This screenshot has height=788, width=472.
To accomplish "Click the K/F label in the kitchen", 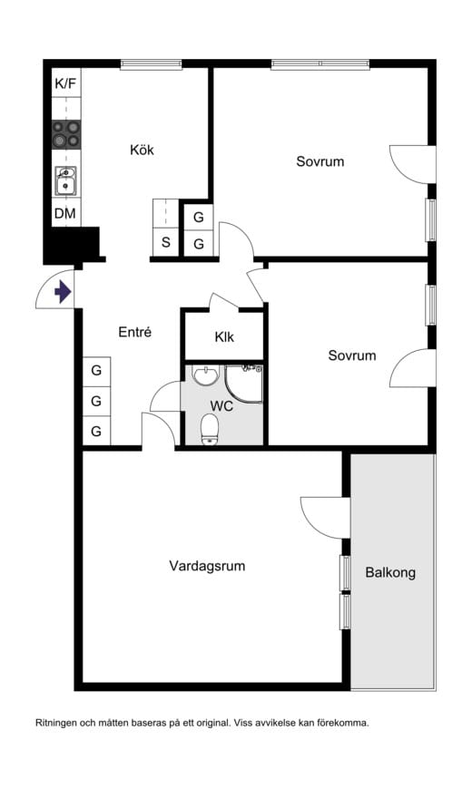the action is (65, 83).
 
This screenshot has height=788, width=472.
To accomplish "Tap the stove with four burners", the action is (66, 134).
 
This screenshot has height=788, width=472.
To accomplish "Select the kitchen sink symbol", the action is (66, 181).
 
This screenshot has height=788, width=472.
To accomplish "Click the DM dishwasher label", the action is (65, 214).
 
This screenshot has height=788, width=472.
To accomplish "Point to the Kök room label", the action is (142, 150).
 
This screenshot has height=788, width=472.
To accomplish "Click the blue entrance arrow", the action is (63, 292).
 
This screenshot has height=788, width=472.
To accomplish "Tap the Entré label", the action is (135, 332).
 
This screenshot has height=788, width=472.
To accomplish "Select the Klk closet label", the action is (224, 336).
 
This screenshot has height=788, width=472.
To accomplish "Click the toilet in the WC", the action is (210, 430).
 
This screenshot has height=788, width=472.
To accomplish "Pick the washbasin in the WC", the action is (205, 375).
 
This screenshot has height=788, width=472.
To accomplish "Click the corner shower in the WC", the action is (243, 384).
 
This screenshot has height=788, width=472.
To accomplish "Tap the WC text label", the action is (221, 405).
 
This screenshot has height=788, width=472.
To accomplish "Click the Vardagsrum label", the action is (207, 566).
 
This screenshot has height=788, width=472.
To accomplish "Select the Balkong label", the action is (390, 572).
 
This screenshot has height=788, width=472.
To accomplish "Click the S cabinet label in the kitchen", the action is (165, 242).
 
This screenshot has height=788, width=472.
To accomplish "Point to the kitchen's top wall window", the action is (151, 63).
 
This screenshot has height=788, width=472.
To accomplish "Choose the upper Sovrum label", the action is (320, 161).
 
